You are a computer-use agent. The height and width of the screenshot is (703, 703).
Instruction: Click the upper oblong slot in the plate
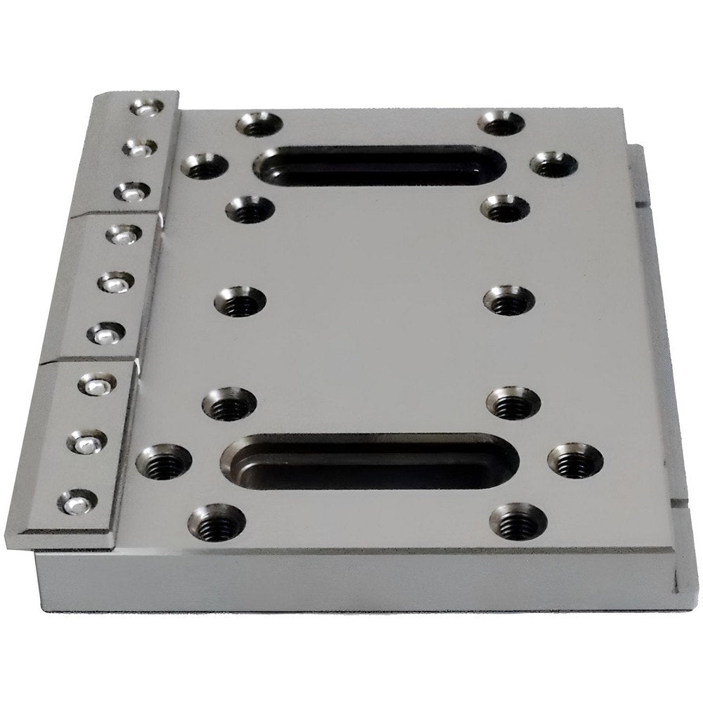point(380,166)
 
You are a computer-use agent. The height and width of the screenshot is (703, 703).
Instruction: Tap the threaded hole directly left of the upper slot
point(205,167)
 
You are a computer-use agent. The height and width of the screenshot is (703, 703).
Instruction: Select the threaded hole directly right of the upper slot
point(554,165)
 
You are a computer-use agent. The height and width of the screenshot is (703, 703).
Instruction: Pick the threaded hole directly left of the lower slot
point(164,461)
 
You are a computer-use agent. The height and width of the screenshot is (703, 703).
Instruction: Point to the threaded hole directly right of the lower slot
point(575,461)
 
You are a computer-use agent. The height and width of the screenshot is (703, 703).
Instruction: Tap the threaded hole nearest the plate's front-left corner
point(217,522)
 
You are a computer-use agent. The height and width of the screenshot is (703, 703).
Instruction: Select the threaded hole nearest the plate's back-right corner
point(501,124)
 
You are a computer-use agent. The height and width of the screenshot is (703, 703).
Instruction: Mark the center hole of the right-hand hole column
point(509,300)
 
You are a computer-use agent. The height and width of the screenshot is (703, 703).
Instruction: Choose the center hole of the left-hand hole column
point(240,302)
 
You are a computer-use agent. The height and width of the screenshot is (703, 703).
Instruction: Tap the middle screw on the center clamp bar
point(116,283)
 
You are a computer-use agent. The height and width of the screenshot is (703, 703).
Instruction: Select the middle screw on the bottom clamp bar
point(87,441)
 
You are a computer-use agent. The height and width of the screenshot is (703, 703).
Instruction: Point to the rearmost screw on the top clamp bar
point(147,108)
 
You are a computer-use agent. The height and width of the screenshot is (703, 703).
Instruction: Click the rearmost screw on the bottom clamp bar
point(98,384)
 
